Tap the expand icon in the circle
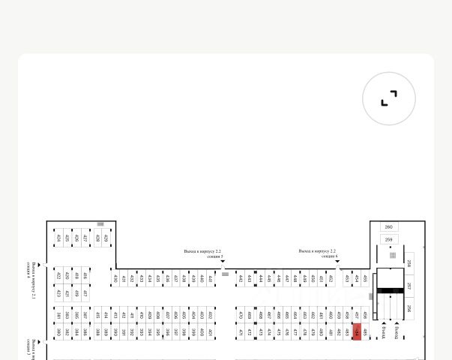[x=388, y=98]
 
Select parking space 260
[x=388, y=226]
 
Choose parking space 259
[x=388, y=239]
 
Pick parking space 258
[x=409, y=263]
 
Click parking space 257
[x=409, y=286]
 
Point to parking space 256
[x=409, y=307]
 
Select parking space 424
[x=58, y=238]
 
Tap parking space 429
[x=106, y=238]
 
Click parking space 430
[x=115, y=278]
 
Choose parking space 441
[x=211, y=278]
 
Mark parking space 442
[x=241, y=278]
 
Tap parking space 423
[x=58, y=292]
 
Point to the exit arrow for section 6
[x=337, y=262]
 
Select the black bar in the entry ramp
[x=388, y=290]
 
